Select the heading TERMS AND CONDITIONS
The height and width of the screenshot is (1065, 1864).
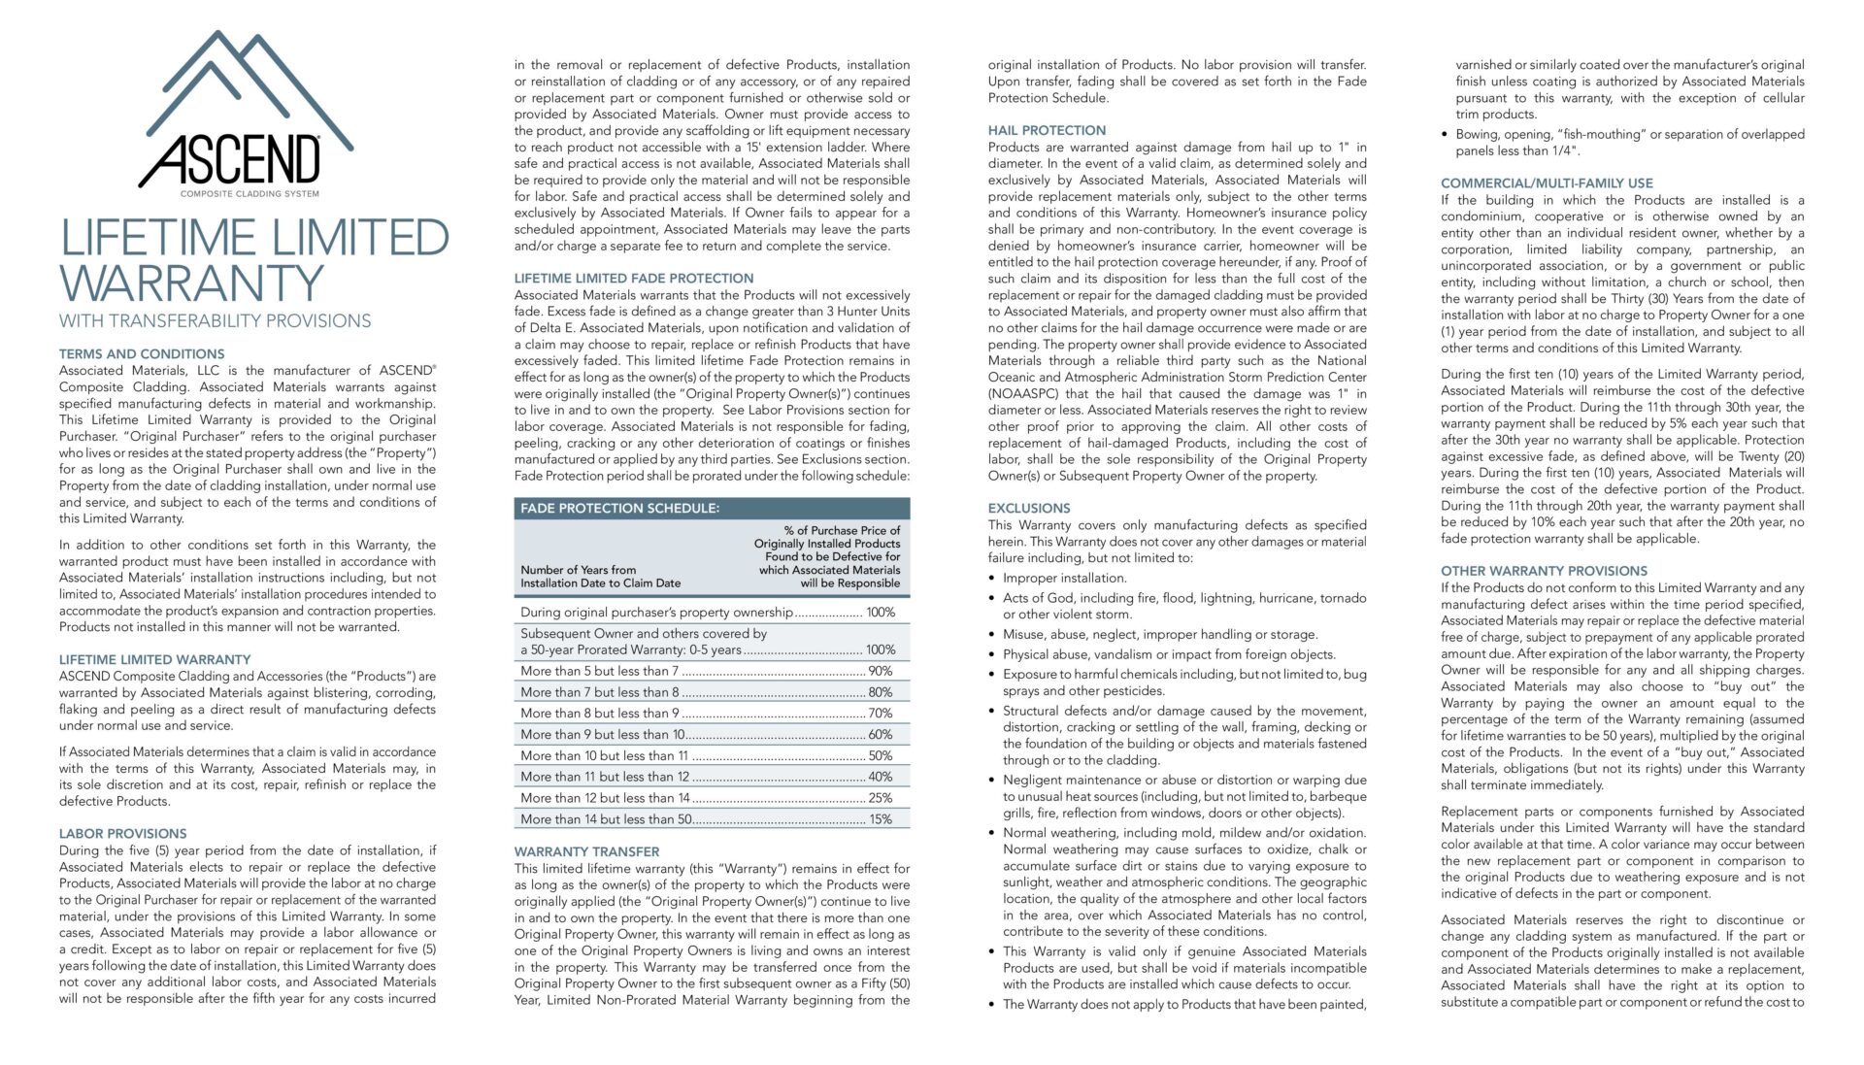(142, 354)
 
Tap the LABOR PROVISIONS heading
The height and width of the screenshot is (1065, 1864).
(122, 834)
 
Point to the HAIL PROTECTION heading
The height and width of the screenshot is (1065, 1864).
(1047, 130)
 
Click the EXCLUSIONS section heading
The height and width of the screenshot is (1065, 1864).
(1029, 508)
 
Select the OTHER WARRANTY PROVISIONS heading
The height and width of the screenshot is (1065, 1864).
(1544, 571)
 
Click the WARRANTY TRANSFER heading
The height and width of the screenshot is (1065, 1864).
(586, 851)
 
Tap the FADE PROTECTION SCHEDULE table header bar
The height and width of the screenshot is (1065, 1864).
(712, 508)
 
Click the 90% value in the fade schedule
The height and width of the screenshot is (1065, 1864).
(880, 671)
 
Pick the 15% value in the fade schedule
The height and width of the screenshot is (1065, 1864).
(880, 819)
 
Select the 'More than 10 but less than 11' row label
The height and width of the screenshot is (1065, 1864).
(604, 755)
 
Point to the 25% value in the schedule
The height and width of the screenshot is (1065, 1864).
(880, 798)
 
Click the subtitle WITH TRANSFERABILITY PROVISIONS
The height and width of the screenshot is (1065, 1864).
(215, 321)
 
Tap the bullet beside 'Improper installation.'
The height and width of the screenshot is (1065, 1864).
(993, 579)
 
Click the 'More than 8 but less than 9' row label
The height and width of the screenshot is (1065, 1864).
(600, 713)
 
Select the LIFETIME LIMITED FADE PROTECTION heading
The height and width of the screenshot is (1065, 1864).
(633, 279)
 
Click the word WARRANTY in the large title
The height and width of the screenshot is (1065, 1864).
(191, 283)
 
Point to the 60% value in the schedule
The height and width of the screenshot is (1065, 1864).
(880, 734)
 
